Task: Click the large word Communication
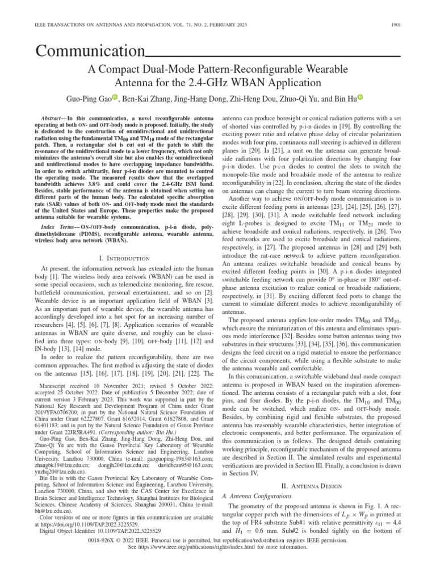89,53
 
